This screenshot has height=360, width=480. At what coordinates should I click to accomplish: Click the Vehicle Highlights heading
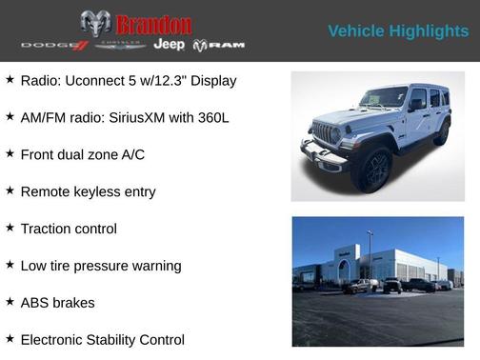(x=398, y=30)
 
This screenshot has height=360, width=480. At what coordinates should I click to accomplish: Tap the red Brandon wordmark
(x=153, y=24)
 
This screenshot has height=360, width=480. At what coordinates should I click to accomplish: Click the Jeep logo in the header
(x=170, y=45)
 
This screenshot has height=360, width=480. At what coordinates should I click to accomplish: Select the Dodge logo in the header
(x=54, y=45)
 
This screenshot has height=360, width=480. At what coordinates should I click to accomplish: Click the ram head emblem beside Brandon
(x=95, y=23)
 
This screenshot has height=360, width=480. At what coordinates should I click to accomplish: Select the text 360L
(x=210, y=117)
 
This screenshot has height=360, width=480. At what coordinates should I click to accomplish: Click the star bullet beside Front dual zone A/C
(x=10, y=153)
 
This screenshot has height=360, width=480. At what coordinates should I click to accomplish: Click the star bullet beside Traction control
(x=10, y=228)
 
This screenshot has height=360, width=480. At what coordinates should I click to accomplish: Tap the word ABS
(x=35, y=303)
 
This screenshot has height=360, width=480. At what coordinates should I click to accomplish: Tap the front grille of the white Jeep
(x=326, y=132)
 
